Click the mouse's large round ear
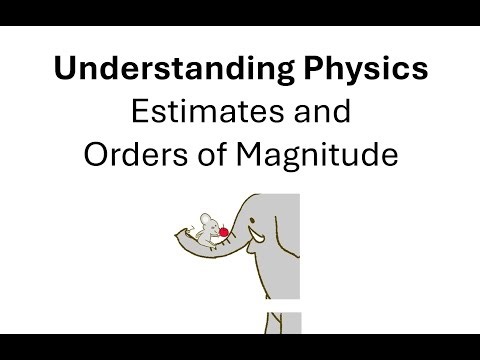[204, 217]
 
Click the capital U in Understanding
[64, 71]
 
